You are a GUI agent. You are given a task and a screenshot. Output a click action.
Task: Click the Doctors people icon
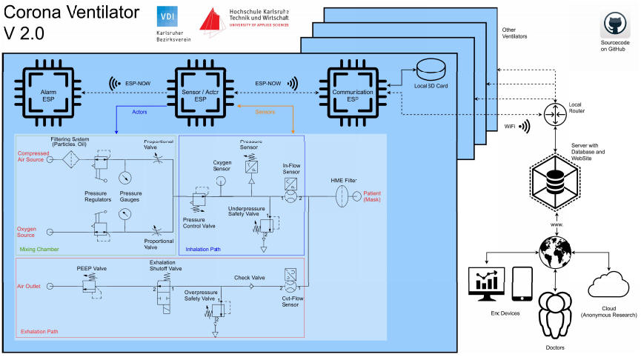click(554, 316)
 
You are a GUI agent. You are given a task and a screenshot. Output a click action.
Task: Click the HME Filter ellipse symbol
click(342, 197)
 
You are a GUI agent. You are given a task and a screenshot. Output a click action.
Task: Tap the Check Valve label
click(249, 278)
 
